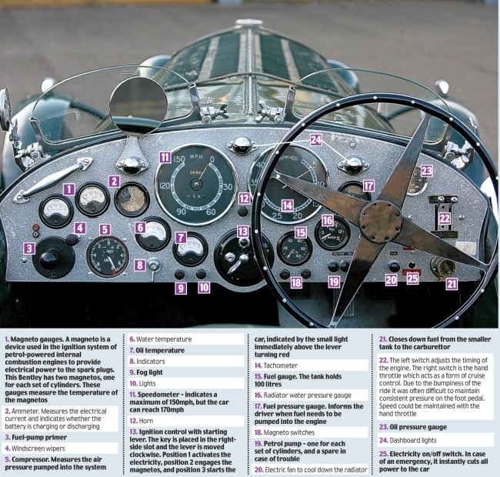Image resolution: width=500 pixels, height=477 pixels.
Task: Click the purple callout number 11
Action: point(165,157)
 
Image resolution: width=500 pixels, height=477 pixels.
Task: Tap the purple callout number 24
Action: point(315,140)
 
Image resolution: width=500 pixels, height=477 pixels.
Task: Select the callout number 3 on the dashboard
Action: point(28,248)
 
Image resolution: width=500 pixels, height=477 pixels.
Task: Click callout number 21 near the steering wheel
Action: point(452,283)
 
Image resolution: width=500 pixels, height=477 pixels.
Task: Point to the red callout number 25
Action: point(413,279)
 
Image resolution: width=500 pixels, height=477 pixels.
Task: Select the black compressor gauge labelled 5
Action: point(107,256)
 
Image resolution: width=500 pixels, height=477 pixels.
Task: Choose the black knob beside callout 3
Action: point(49,259)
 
